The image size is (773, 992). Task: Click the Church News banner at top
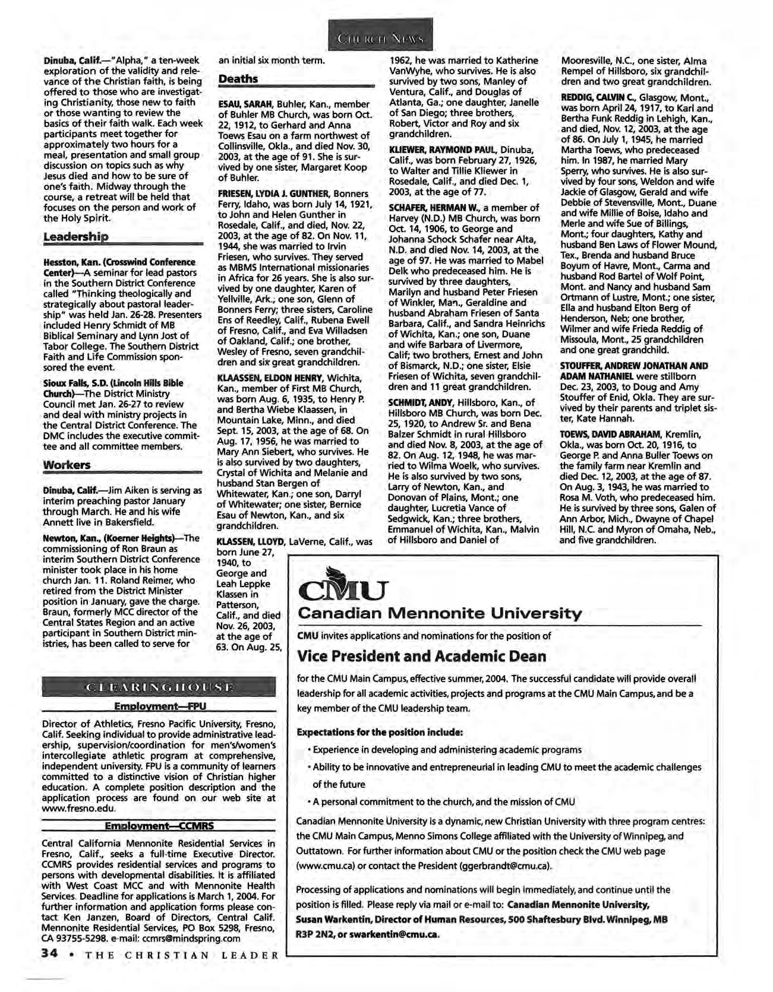click(x=381, y=39)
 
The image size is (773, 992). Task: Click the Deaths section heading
click(x=238, y=79)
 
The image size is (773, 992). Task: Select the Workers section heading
click(x=67, y=465)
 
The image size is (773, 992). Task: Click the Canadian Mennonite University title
click(x=440, y=613)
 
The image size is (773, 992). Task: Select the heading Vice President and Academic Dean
click(x=421, y=657)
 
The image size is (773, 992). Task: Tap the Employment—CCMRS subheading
click(x=159, y=826)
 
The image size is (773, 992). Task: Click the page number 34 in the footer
click(x=48, y=955)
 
